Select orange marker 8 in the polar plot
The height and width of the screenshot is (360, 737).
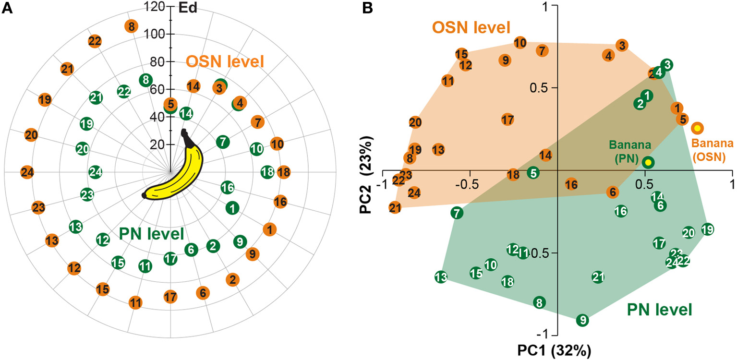point(130,26)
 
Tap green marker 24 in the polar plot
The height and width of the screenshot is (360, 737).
point(95,171)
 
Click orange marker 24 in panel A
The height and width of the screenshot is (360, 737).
point(27,172)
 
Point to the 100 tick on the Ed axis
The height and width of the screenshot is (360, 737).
point(156,35)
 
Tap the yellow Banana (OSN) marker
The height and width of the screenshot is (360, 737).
point(697,128)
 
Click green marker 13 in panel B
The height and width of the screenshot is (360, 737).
point(441,277)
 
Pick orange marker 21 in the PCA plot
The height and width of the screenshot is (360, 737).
point(395,208)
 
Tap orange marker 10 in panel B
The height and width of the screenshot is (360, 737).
point(520,43)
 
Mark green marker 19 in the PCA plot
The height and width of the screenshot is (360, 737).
point(707,230)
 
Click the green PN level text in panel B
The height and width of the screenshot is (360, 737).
point(659,310)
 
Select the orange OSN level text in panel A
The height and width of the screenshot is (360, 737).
point(225,61)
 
